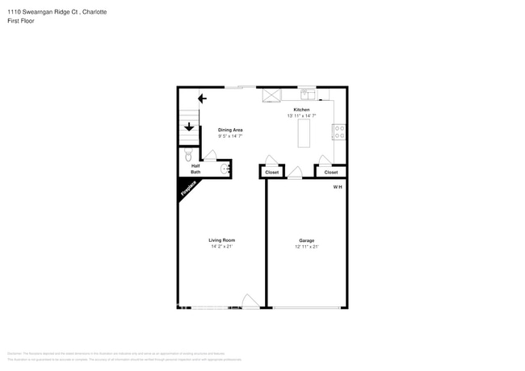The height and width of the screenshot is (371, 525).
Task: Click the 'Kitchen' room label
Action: click(x=301, y=110)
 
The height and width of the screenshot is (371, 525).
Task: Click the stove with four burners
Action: click(x=339, y=131)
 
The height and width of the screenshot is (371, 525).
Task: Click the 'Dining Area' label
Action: click(x=230, y=130)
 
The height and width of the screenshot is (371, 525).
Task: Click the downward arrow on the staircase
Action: click(x=189, y=127)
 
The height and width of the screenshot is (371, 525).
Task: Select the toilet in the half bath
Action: click(x=187, y=155)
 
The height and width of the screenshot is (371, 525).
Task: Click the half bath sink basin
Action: click(x=226, y=169)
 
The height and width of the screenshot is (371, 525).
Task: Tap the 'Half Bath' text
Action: click(x=195, y=169)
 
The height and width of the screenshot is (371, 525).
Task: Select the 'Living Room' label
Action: click(x=221, y=240)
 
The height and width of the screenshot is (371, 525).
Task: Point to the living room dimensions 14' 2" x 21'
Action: click(x=221, y=247)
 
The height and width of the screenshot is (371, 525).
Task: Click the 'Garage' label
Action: click(x=306, y=240)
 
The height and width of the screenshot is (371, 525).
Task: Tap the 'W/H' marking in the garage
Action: click(x=338, y=187)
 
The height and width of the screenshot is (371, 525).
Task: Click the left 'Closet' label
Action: click(x=272, y=172)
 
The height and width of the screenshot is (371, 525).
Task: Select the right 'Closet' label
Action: click(x=330, y=172)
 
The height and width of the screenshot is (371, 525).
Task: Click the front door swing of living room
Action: click(x=250, y=302)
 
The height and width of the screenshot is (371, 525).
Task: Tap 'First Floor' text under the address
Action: click(x=21, y=21)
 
